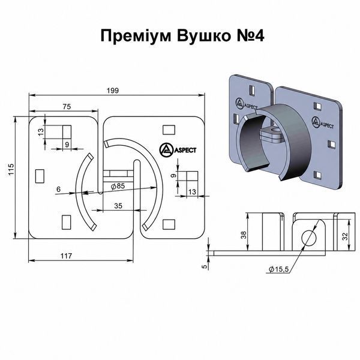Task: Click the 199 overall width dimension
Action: point(113,91)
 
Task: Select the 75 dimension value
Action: point(67,107)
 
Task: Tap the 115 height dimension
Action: point(11,169)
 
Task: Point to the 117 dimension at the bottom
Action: point(67,256)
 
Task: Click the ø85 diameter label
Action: point(118,186)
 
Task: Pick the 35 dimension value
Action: point(118,206)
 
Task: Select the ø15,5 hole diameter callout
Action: point(278,269)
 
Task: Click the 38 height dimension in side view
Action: point(244,235)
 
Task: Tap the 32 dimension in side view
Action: point(345,236)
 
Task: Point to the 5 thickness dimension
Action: point(205,266)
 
